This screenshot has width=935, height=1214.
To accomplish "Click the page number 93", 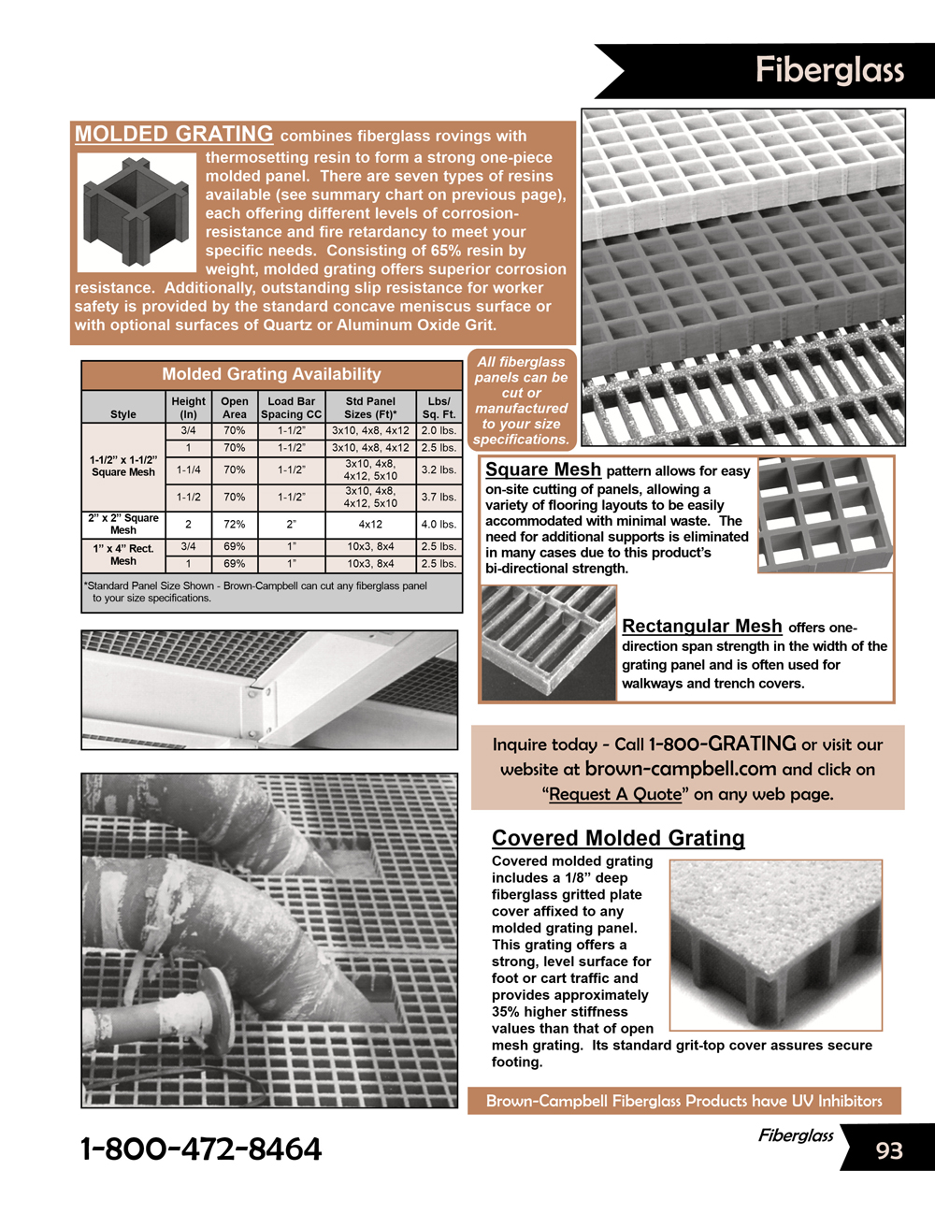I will click(889, 1150).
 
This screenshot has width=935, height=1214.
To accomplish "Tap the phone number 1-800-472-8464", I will click(201, 1149).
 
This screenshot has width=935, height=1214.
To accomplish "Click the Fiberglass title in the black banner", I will click(829, 70).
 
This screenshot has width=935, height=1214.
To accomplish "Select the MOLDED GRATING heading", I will click(174, 134).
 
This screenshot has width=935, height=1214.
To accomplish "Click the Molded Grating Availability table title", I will click(271, 374).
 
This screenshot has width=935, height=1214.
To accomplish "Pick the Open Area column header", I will click(235, 408).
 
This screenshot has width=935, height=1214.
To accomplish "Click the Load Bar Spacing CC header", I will click(291, 408).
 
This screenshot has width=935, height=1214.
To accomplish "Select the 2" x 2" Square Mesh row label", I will click(123, 524).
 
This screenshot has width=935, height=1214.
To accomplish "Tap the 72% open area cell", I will click(235, 525).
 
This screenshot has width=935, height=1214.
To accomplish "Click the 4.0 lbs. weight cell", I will click(439, 525).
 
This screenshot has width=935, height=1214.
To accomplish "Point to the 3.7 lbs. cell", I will click(439, 497).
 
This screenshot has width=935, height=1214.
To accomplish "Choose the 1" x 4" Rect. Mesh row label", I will click(123, 555).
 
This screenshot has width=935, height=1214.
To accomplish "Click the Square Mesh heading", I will click(543, 470).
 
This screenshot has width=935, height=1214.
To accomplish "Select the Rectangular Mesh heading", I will click(702, 627).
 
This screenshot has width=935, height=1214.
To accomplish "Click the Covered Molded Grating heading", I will click(618, 838).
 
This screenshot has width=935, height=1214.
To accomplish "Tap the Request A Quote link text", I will click(615, 794).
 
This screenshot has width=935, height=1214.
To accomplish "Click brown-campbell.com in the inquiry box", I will click(681, 769).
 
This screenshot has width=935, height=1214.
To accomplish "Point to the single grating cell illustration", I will click(137, 212).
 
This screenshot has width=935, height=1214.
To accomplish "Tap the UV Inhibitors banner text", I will click(684, 1101).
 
